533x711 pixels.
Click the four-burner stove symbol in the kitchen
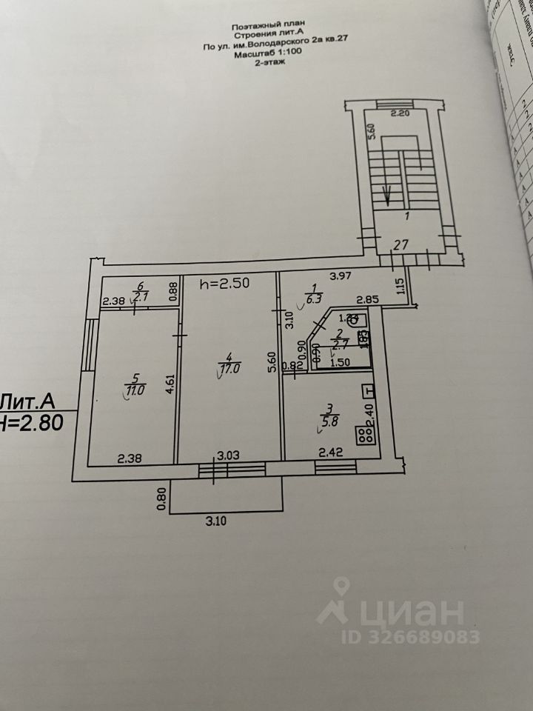(x=365, y=435)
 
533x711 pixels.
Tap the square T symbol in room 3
(x=368, y=390)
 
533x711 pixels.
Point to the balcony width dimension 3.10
(x=215, y=521)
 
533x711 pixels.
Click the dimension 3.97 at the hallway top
(x=339, y=276)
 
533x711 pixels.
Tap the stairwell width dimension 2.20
(x=401, y=114)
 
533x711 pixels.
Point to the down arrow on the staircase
(x=387, y=198)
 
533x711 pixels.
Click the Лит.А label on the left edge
(x=27, y=402)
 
